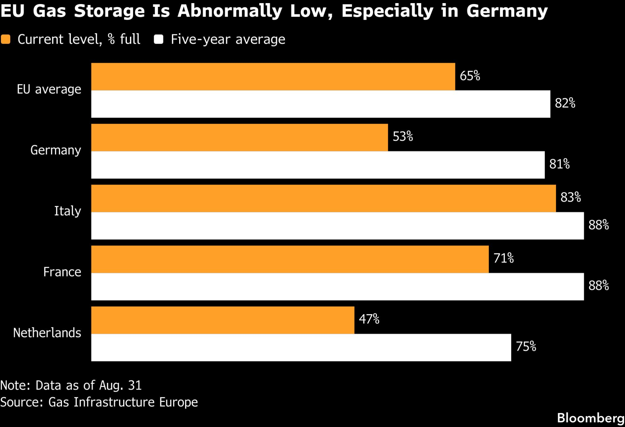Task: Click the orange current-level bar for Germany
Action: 240,137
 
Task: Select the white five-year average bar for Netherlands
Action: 301,348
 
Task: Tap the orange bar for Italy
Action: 323,198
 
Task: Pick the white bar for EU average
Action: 321,104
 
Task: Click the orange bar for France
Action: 290,259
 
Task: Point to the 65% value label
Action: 470,76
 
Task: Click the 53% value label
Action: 403,137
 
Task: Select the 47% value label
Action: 369,319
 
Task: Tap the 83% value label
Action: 571,197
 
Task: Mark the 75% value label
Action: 526,347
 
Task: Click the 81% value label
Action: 559,164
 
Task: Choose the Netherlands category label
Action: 47,333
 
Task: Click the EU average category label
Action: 49,89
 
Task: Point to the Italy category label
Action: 68,211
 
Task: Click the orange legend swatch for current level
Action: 6,39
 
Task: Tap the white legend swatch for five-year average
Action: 159,39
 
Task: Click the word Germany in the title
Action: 507,11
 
